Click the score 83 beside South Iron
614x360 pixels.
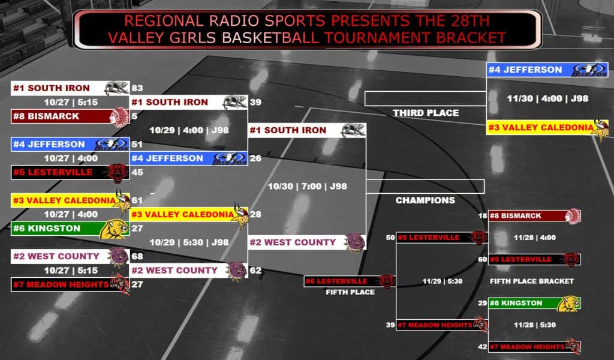tap(137, 88)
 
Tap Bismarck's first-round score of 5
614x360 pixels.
tap(134, 116)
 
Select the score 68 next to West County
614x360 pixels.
tap(137, 256)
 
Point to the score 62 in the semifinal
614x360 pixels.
tap(255, 270)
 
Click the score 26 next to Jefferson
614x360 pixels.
tap(255, 158)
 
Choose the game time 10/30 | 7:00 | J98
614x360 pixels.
tap(308, 187)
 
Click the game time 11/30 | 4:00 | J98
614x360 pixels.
tap(547, 99)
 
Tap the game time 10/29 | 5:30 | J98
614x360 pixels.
tap(189, 242)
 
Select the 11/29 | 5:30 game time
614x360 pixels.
tap(443, 281)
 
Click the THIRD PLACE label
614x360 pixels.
tap(426, 113)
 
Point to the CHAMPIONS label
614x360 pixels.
tap(425, 200)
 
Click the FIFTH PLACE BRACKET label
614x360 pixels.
tap(532, 281)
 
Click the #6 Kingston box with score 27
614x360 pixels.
tap(70, 229)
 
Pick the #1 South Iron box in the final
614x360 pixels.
tap(308, 130)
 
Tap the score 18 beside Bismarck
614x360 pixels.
tap(483, 216)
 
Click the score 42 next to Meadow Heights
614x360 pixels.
tap(483, 347)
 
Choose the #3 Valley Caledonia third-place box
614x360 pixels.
tap(547, 128)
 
